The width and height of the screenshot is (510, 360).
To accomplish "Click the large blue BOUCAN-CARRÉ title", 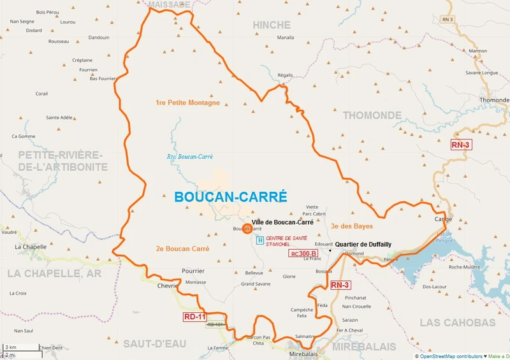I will click(231, 197).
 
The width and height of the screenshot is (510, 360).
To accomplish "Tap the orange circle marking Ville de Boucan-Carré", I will click(247, 228).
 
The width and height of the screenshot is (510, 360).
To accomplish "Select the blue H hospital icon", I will click(259, 240).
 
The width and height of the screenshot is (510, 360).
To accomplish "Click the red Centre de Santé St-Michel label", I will click(287, 241).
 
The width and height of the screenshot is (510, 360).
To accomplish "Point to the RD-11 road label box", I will click(195, 316).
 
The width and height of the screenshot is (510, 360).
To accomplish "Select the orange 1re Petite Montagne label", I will click(187, 103).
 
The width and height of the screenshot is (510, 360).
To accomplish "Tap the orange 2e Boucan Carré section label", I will click(182, 248).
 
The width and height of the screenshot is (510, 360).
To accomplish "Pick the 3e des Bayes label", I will click(352, 226).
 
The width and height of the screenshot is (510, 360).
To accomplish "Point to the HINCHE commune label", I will click(272, 25).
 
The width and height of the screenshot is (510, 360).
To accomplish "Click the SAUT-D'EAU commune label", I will click(154, 343).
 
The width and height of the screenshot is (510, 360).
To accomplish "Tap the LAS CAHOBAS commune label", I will click(458, 322).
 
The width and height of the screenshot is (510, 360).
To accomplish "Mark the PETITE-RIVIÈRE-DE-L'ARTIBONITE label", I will click(62, 161).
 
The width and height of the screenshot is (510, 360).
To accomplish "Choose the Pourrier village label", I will click(193, 271).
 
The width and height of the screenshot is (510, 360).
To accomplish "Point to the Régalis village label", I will click(285, 75).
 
